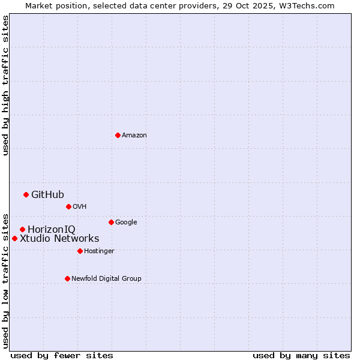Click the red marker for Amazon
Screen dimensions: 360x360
118,135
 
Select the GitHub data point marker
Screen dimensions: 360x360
26,194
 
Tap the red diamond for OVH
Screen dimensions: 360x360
68,206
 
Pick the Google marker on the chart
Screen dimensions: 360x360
111,222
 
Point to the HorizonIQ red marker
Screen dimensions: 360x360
22,229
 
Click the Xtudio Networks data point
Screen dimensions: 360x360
14,238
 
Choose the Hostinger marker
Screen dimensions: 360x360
80,251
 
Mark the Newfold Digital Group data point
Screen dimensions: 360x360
67,278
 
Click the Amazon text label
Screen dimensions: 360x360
134,136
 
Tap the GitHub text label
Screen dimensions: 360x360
47,194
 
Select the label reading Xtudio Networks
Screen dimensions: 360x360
59,238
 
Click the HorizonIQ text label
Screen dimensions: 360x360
52,229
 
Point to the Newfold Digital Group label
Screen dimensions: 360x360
106,278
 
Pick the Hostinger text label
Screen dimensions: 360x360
99,251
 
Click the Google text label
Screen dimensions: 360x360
126,222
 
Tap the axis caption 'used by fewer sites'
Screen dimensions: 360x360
62,355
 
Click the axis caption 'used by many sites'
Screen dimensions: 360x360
301,355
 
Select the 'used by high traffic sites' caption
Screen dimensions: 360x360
5,85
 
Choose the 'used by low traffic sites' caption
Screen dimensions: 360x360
5,280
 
